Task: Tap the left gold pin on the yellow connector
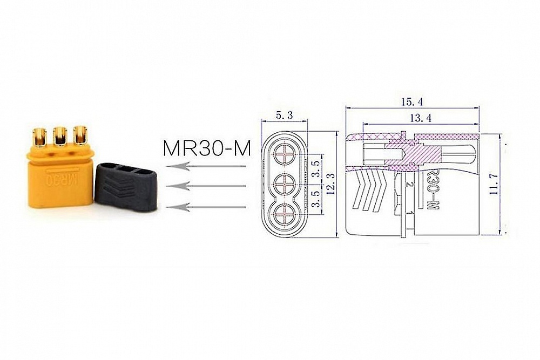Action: pyautogui.click(x=40, y=137)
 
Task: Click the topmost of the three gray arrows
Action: pyautogui.click(x=206, y=166)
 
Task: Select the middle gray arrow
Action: pyautogui.click(x=206, y=186)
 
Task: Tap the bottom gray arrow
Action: pyautogui.click(x=206, y=206)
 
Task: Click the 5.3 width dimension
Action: pyautogui.click(x=284, y=115)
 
